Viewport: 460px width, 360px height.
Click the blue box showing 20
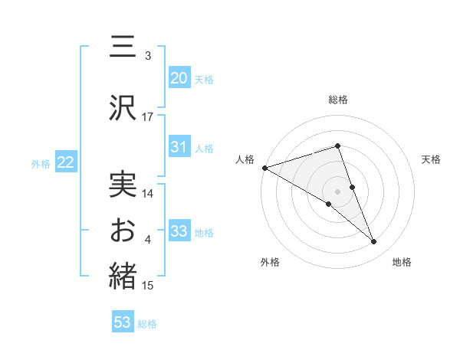click(x=179, y=78)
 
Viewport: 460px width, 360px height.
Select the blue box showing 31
click(x=179, y=147)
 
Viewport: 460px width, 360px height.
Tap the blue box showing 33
click(x=179, y=231)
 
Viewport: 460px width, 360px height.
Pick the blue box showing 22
click(x=65, y=162)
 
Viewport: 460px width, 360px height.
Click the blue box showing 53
click(x=123, y=322)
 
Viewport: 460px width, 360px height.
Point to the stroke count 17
click(x=148, y=117)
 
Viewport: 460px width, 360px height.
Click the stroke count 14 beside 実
click(x=148, y=194)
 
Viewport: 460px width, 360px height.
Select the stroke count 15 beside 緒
click(x=148, y=286)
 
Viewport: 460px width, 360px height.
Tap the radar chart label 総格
click(x=337, y=100)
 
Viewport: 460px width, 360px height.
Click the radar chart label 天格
click(x=431, y=159)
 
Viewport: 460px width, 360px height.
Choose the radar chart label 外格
click(x=270, y=263)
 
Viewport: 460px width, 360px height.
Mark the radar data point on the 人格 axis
click(x=264, y=168)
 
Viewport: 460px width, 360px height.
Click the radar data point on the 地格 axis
click(x=374, y=242)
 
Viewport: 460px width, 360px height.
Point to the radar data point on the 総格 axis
click(x=337, y=146)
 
